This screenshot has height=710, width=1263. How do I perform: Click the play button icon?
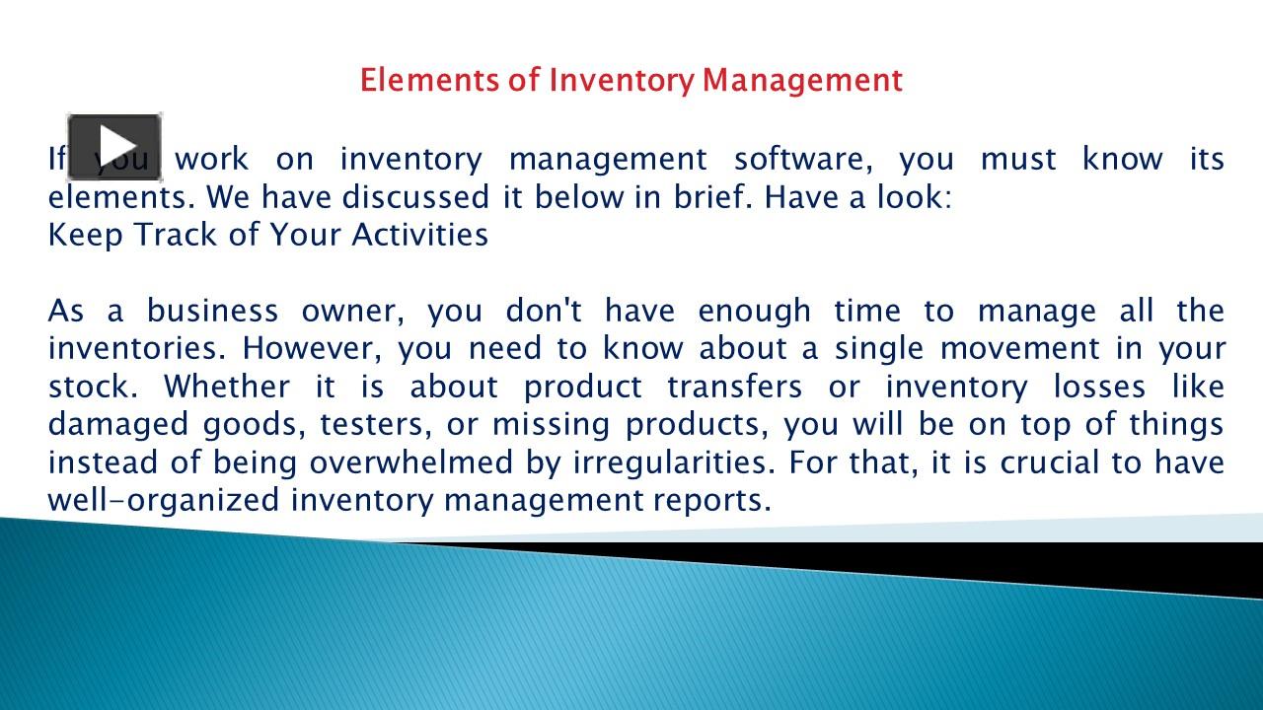(x=114, y=147)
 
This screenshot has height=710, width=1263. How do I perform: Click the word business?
(x=212, y=311)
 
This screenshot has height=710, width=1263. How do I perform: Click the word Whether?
(x=226, y=387)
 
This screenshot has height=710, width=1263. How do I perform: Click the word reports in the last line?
(x=710, y=501)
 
